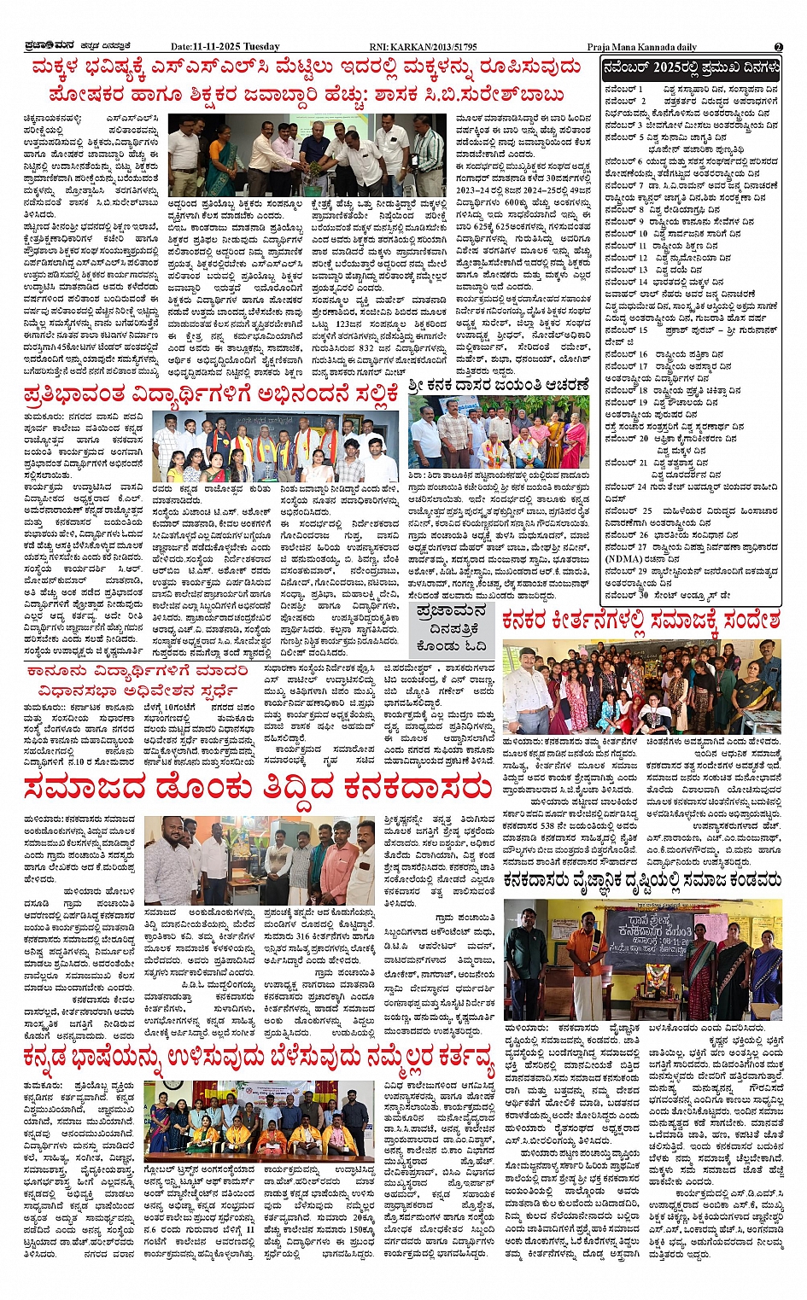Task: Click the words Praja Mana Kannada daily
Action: click(x=641, y=47)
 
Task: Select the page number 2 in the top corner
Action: click(x=778, y=47)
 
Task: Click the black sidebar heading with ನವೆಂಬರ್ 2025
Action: click(x=690, y=68)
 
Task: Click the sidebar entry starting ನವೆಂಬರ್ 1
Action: click(x=691, y=89)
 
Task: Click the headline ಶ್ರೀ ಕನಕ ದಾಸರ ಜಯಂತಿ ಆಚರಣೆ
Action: click(x=499, y=386)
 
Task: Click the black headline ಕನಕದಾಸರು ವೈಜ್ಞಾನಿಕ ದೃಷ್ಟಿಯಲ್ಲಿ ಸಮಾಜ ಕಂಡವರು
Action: click(x=641, y=879)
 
